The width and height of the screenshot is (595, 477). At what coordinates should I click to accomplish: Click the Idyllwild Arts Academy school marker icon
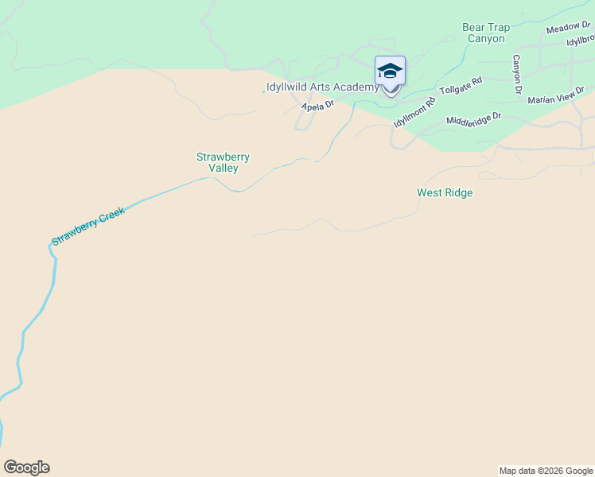(390, 72)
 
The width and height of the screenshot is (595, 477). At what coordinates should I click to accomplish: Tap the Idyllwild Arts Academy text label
(321, 87)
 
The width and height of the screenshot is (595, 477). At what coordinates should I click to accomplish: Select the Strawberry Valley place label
(218, 162)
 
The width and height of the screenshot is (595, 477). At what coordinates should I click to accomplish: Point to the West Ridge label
(445, 192)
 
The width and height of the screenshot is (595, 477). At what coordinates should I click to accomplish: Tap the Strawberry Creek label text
(88, 228)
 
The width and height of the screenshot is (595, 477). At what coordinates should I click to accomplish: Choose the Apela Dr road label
(317, 104)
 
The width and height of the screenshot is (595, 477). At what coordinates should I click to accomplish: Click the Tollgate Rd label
(461, 84)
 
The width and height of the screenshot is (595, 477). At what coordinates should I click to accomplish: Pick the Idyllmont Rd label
(414, 111)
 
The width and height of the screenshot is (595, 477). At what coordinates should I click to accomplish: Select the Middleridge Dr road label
(473, 120)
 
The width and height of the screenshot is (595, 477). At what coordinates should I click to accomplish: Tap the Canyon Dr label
(516, 74)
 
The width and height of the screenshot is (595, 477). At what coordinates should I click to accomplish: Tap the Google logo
(26, 467)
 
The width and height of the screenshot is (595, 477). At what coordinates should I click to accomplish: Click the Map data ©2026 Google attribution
(546, 471)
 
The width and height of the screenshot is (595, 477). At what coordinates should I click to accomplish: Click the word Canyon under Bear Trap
(485, 38)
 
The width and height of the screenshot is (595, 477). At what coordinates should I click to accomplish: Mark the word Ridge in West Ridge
(459, 192)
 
